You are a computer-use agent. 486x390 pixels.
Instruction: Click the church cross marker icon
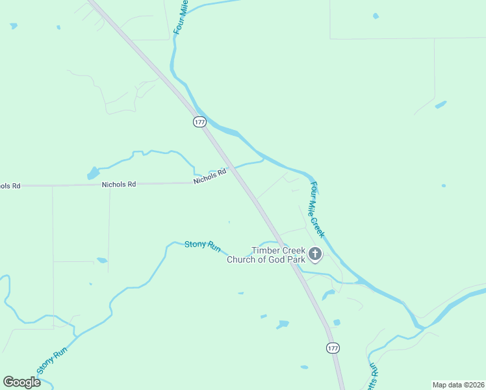click(x=315, y=253)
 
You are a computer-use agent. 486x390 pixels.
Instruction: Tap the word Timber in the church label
click(x=265, y=251)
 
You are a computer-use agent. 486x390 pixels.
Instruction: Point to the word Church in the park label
click(x=240, y=260)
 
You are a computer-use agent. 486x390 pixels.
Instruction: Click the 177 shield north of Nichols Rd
click(x=199, y=122)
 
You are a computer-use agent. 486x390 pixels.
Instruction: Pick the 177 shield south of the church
click(x=333, y=348)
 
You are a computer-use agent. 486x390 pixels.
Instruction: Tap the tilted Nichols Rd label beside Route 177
click(x=209, y=176)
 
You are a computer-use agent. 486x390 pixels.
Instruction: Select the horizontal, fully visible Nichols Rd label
click(x=119, y=185)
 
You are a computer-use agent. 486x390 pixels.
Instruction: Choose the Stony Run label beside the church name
click(x=203, y=245)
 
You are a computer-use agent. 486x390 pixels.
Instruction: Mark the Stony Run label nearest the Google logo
click(x=51, y=361)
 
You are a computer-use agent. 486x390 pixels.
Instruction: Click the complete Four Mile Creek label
click(x=316, y=209)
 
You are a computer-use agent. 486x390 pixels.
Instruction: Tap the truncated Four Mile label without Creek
click(x=180, y=18)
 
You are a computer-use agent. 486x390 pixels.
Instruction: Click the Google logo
click(x=21, y=382)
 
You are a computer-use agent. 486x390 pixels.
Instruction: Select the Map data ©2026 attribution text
click(x=458, y=385)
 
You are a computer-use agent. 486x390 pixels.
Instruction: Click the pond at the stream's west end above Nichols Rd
click(x=93, y=174)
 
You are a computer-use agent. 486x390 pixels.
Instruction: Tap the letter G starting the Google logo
click(x=8, y=382)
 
